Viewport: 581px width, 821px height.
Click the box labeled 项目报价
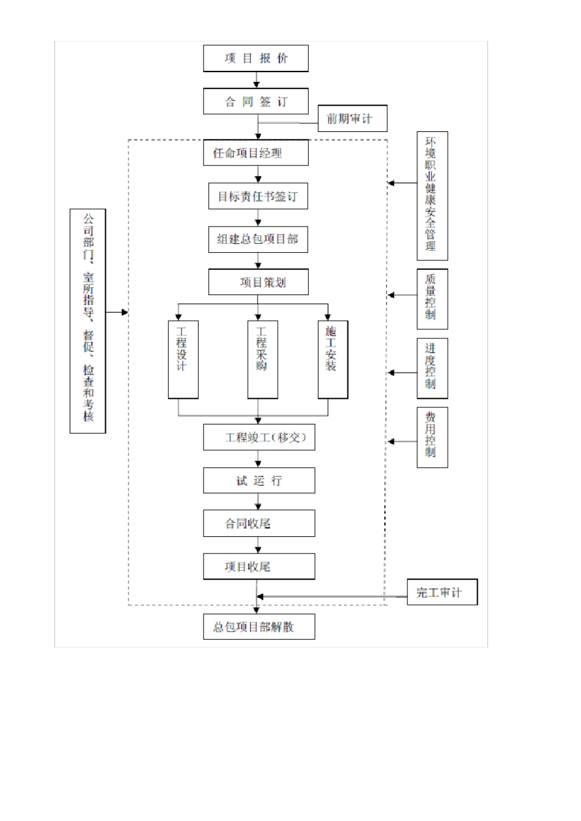coord(256,59)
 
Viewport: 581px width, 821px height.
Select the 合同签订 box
coord(256,101)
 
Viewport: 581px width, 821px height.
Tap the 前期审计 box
coord(352,119)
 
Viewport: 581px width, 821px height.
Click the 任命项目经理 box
coord(256,153)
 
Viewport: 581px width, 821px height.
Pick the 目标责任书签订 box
coord(257,197)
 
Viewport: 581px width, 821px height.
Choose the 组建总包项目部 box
coord(257,239)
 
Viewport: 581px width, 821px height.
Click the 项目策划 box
coord(257,282)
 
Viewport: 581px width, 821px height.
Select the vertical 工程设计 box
coord(183,359)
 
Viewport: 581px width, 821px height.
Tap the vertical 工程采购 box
coord(262,359)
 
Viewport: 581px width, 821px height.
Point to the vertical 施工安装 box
coord(333,359)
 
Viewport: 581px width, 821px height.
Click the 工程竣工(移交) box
coord(259,437)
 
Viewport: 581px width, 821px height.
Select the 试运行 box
coord(259,481)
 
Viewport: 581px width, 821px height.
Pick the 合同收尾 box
coord(259,524)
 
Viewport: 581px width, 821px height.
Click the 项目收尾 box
coord(259,566)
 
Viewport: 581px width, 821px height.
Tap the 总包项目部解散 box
coord(259,627)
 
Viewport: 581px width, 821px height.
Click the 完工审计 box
coord(442,593)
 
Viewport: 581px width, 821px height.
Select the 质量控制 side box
coord(432,299)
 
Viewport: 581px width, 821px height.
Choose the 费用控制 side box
coord(432,437)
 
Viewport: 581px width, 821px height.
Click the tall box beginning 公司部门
coord(87,321)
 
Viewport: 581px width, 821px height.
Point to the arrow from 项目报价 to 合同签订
coord(256,80)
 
